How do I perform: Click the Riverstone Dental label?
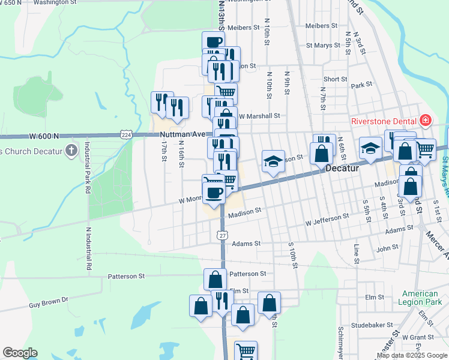tap(384, 121)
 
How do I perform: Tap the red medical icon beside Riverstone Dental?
tap(426, 121)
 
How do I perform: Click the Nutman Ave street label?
tap(182, 134)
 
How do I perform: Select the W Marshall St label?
tap(259, 116)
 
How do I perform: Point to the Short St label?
tap(335, 79)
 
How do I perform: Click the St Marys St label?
tap(327, 45)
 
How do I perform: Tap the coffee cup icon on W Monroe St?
tap(214, 191)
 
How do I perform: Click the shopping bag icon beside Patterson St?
tap(215, 279)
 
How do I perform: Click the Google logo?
tap(20, 353)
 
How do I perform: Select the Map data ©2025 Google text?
tap(412, 355)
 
